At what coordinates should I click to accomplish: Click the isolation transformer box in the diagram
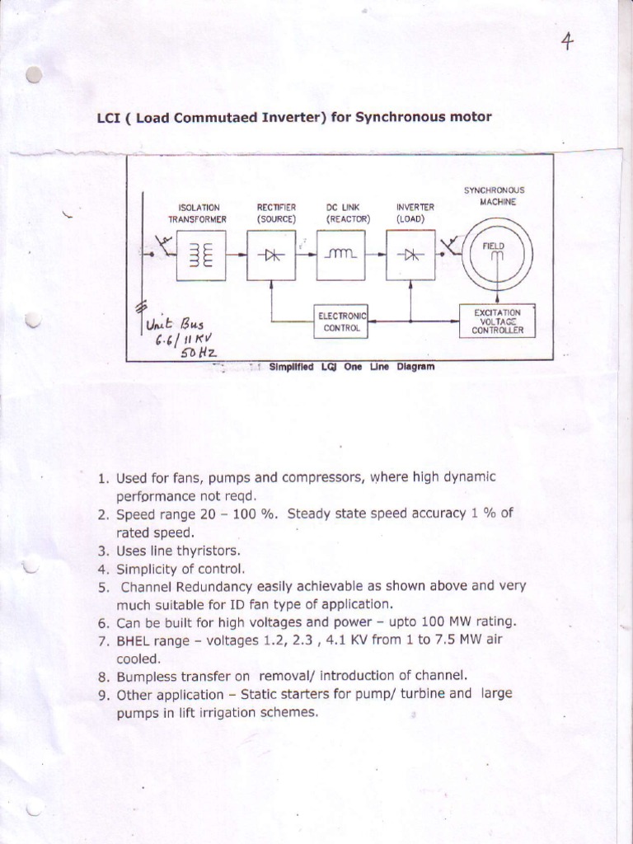point(200,255)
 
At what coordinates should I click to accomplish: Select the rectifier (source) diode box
point(270,255)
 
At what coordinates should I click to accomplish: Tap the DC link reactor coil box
point(341,255)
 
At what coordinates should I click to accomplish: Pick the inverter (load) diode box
point(410,255)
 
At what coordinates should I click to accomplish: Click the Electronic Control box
point(341,321)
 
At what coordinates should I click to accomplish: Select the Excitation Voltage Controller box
point(497,321)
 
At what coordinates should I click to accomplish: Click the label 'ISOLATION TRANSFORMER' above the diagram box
point(198,213)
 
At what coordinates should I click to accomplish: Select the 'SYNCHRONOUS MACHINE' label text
point(494,196)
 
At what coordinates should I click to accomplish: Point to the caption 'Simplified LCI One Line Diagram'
point(351,368)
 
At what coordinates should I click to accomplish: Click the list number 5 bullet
point(103,587)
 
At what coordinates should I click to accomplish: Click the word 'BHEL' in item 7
point(135,641)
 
